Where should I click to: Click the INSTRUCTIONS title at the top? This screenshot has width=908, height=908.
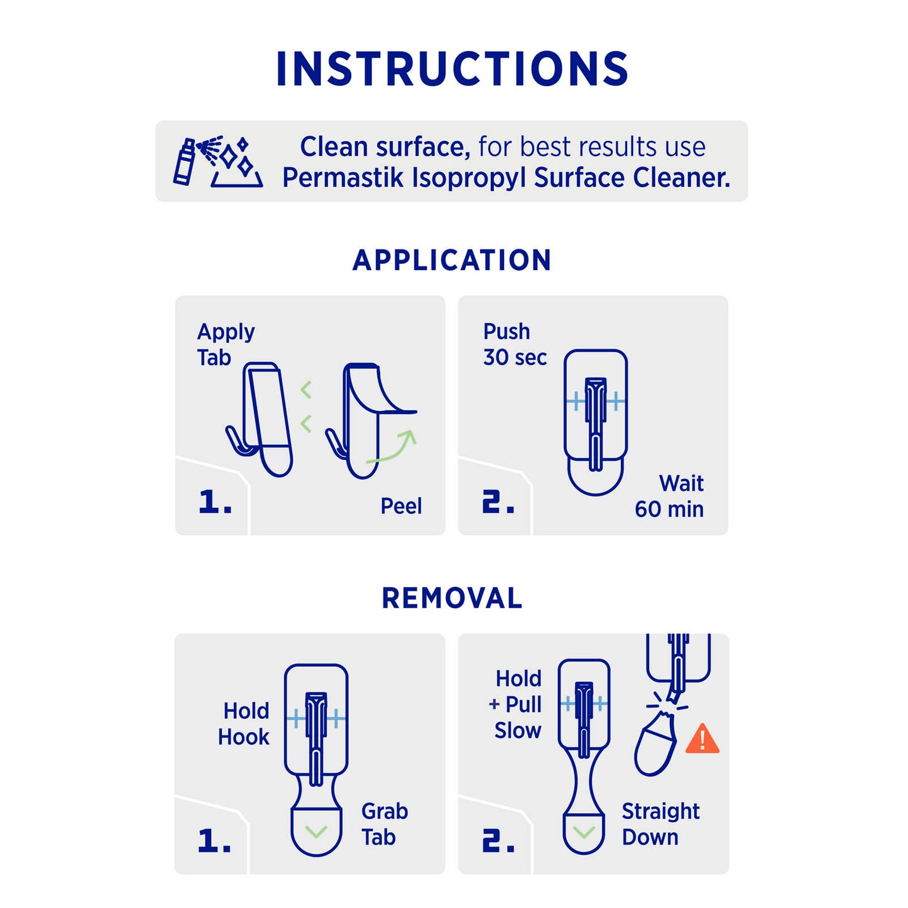click(452, 68)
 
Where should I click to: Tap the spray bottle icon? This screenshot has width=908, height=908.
click(183, 161)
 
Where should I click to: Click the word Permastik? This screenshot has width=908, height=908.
click(343, 178)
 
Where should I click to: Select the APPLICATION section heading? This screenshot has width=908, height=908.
click(452, 260)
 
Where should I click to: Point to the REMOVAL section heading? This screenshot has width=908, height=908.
click(452, 598)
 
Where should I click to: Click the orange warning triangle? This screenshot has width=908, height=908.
click(702, 739)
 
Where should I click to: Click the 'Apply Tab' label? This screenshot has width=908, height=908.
click(226, 344)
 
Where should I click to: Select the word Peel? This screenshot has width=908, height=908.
click(401, 506)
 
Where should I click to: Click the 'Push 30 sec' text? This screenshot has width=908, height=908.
click(515, 344)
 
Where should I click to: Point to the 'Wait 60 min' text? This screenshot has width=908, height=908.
click(669, 496)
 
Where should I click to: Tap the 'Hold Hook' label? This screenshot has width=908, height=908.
click(244, 724)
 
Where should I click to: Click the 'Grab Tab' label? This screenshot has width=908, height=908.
click(385, 824)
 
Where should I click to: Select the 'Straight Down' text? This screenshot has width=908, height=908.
click(660, 824)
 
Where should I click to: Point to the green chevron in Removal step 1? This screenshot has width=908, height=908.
click(316, 832)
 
